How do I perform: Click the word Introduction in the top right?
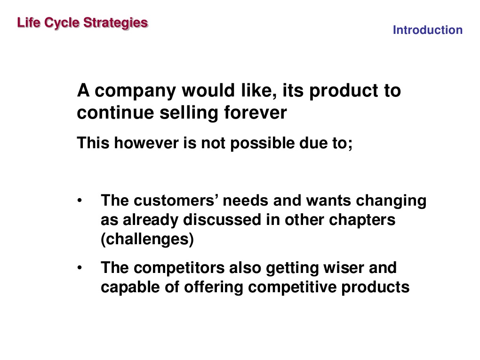(x=427, y=31)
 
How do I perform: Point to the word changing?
(x=391, y=201)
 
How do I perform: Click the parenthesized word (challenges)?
(x=147, y=240)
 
